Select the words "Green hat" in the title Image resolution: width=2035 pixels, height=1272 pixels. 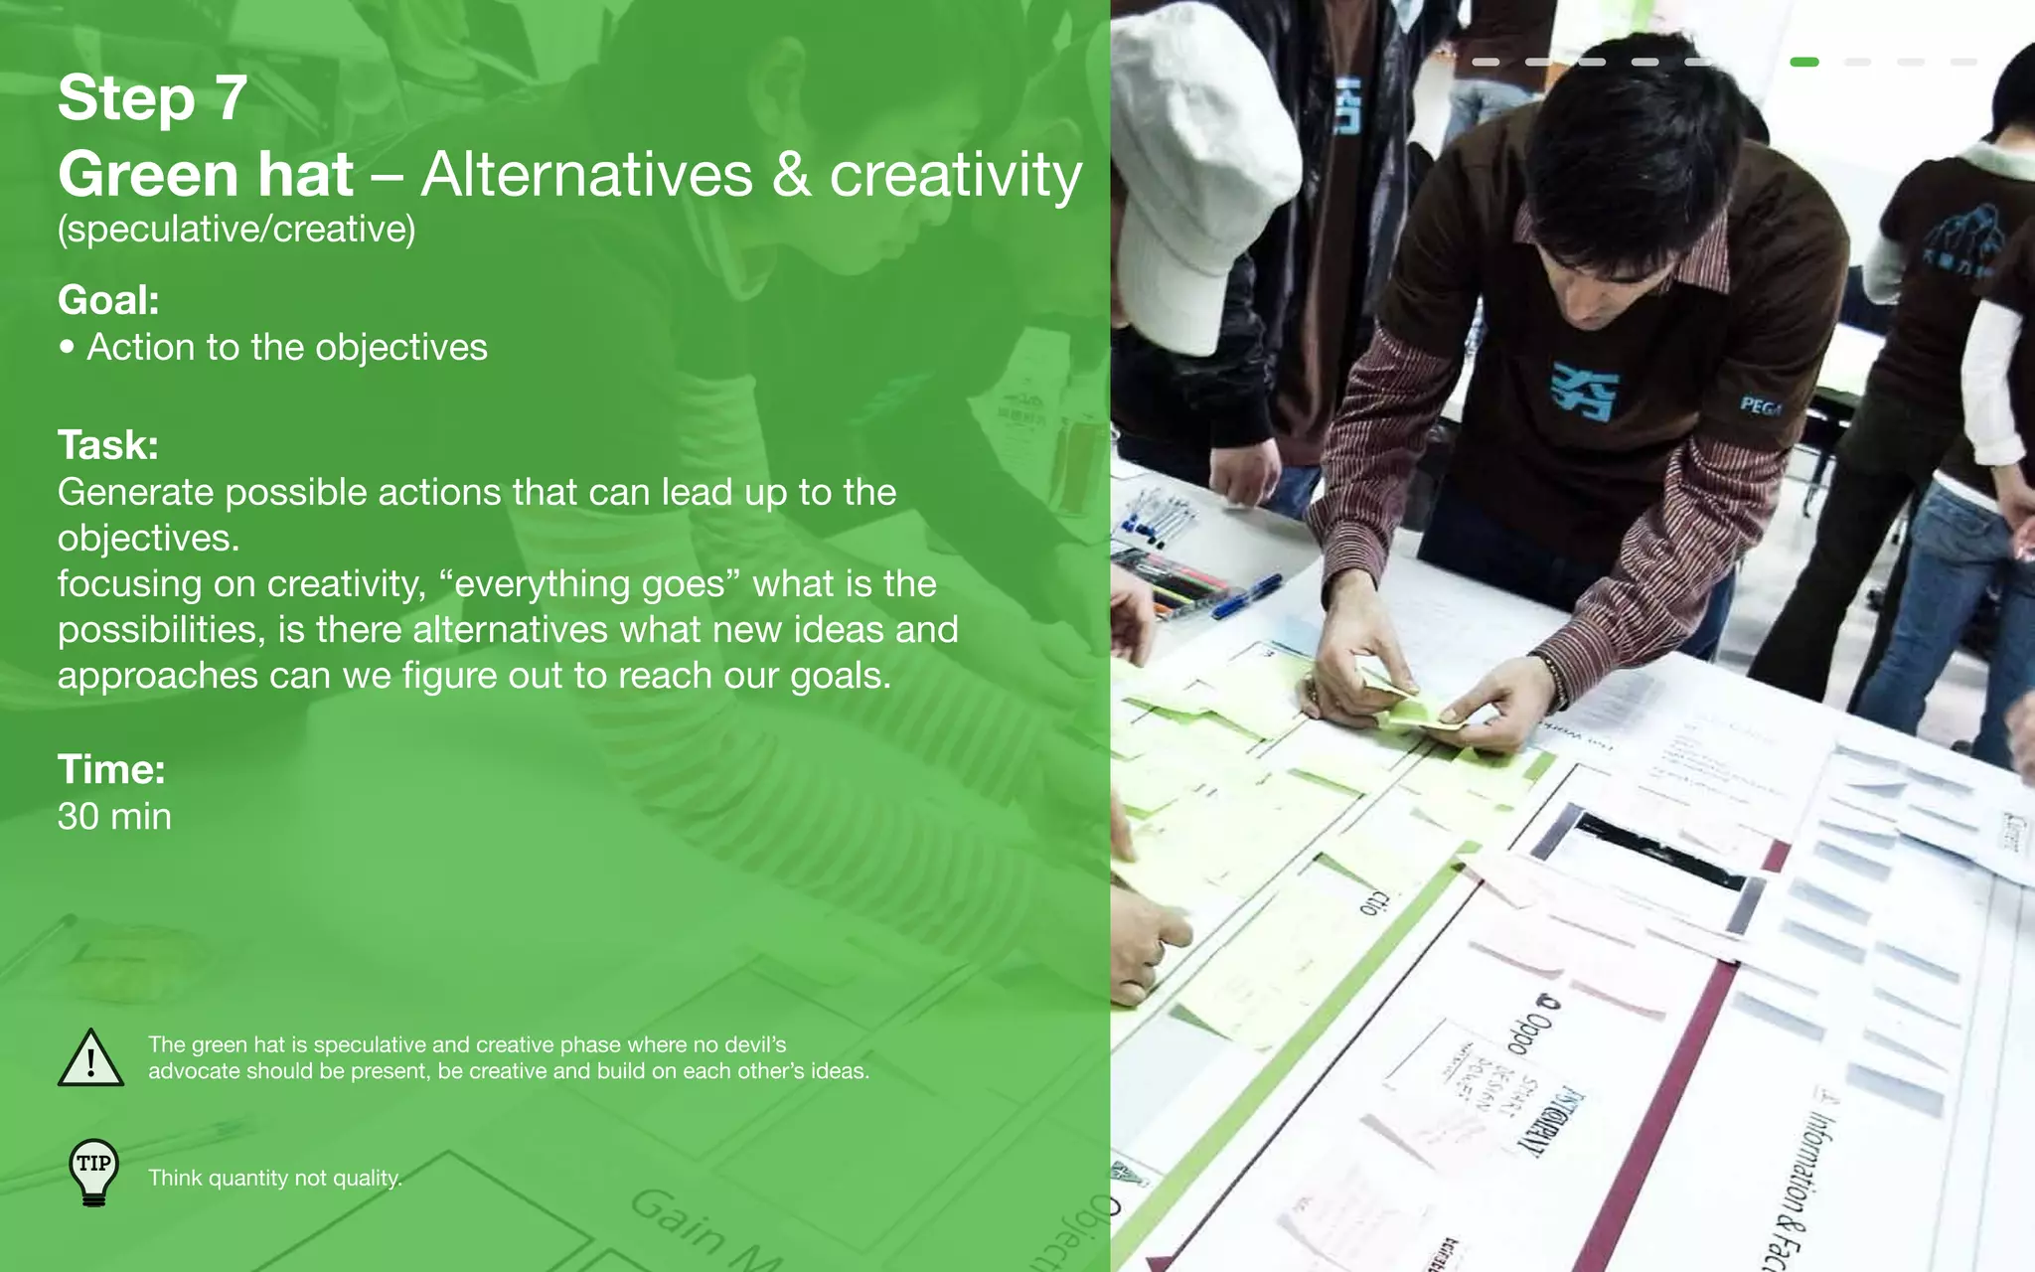(x=206, y=175)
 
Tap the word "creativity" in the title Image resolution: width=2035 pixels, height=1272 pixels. (x=955, y=175)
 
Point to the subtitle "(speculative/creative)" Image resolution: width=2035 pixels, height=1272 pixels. (x=236, y=230)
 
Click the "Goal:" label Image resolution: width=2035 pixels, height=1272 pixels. (x=108, y=300)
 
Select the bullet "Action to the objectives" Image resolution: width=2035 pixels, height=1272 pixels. (x=286, y=347)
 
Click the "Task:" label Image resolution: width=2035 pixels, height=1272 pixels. (x=107, y=445)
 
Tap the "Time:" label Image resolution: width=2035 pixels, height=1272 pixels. (x=111, y=769)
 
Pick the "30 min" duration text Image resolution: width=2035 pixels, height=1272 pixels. (x=114, y=816)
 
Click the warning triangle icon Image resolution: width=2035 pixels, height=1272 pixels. (x=90, y=1059)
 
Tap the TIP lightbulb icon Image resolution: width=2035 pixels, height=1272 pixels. (x=94, y=1173)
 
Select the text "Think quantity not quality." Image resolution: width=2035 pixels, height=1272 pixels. (x=275, y=1179)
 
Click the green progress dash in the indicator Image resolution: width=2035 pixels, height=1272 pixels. (x=1803, y=62)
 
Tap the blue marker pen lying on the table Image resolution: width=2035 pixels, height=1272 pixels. (x=1247, y=594)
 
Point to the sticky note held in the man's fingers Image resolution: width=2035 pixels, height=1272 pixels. (x=1416, y=711)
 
